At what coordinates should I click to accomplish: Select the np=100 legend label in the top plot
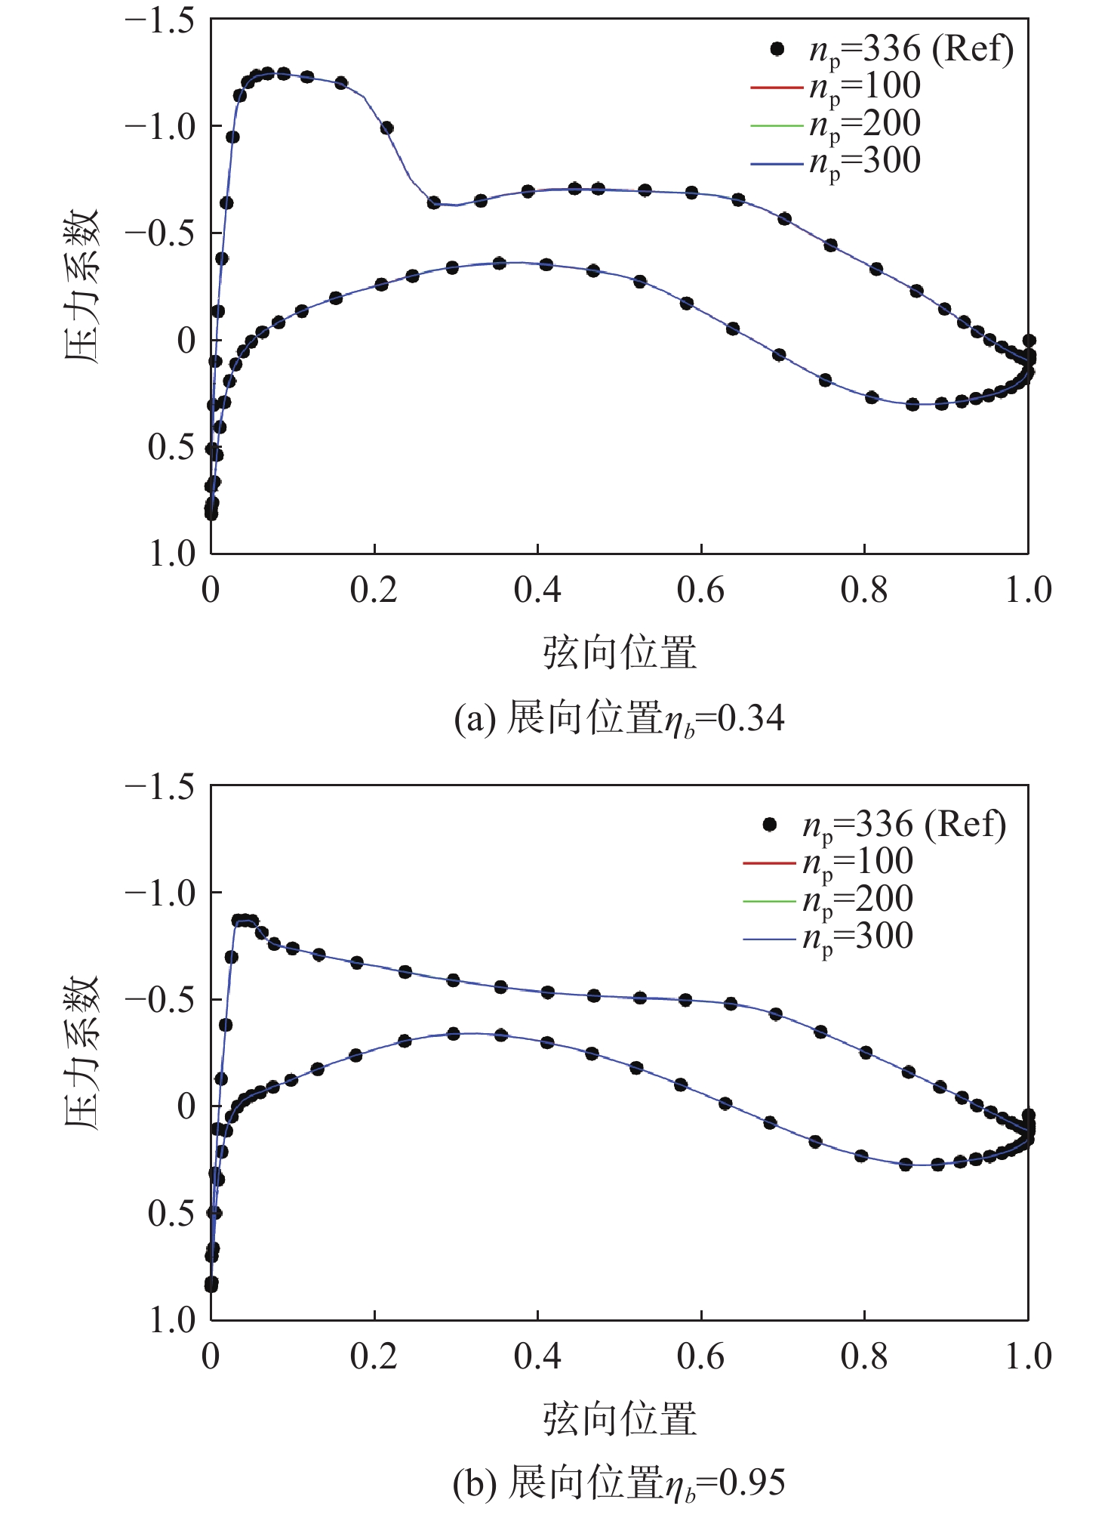(x=865, y=87)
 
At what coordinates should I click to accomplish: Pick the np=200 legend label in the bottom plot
(x=857, y=899)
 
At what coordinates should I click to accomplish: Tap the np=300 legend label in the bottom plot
(x=857, y=937)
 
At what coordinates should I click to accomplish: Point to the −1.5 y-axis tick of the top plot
(x=158, y=20)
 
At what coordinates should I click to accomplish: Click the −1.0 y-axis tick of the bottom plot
(x=158, y=893)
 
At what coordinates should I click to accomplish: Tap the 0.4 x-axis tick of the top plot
(x=537, y=590)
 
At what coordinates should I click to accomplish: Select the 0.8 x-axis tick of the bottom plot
(x=864, y=1356)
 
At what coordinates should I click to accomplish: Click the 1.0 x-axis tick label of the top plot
(x=1028, y=590)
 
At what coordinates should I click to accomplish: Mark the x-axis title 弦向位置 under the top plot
(x=619, y=653)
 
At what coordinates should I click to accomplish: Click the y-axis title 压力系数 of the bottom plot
(x=82, y=1052)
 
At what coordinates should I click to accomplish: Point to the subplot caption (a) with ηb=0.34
(x=619, y=718)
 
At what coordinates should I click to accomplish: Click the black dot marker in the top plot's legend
(x=777, y=49)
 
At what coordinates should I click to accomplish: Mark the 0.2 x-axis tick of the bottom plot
(x=374, y=1356)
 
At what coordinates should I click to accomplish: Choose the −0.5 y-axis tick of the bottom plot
(x=158, y=999)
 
